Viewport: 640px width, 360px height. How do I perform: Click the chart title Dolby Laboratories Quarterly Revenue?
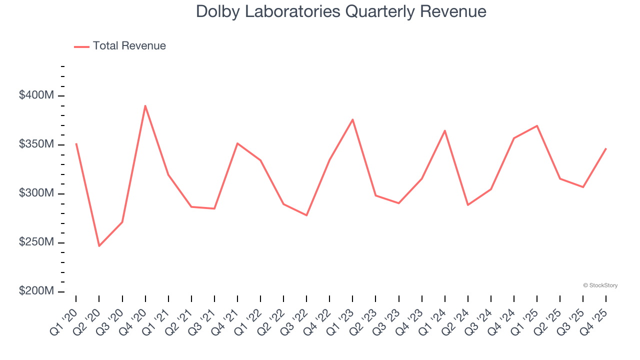point(341,11)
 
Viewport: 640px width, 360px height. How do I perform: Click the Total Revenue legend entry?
point(120,46)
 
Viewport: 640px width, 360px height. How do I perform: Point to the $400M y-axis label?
point(36,95)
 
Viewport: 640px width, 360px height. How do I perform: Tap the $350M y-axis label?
point(36,144)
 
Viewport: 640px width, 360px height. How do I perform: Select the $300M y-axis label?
point(36,193)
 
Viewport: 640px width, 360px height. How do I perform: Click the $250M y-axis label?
point(36,242)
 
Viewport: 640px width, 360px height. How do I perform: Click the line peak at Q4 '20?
point(145,105)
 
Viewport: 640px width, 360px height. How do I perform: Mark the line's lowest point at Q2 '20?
point(99,246)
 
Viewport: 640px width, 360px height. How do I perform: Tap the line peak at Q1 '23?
point(352,119)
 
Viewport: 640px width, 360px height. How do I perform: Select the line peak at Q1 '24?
point(444,130)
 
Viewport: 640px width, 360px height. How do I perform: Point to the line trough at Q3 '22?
point(306,215)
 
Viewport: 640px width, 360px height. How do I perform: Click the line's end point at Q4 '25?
point(606,148)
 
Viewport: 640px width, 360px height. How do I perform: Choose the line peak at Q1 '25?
point(537,125)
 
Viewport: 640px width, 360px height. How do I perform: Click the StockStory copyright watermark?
point(600,285)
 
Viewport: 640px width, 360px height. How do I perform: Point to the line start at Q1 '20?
point(76,144)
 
